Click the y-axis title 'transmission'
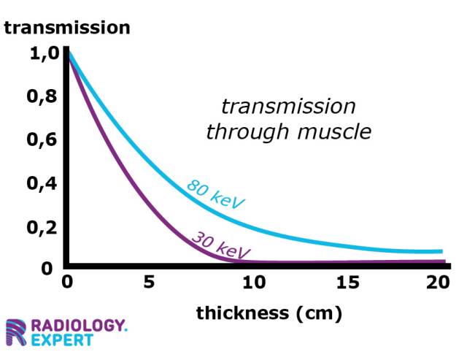click(67, 28)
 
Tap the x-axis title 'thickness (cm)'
click(269, 314)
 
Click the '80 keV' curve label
click(216, 194)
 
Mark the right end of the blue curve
click(441, 251)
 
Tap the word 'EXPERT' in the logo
click(67, 340)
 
